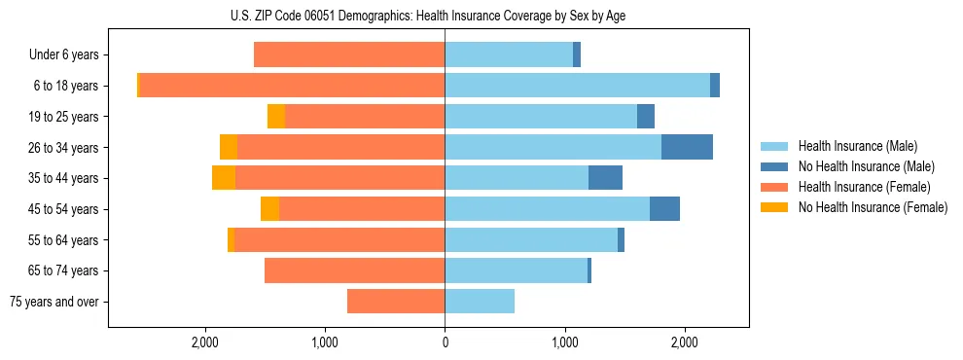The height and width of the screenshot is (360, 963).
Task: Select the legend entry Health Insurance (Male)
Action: coord(857,146)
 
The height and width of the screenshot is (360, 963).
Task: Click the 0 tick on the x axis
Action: coord(445,342)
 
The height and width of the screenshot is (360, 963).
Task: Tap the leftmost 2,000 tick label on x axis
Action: coord(205,342)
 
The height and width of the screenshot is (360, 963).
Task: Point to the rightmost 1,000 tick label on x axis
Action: coord(564,342)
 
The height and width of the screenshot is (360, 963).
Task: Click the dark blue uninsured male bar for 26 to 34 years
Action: coord(687,147)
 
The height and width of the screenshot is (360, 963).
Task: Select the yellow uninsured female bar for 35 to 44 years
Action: coord(224,178)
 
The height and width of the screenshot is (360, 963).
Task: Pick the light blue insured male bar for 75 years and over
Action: coord(480,302)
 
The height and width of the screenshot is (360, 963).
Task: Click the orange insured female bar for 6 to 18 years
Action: coord(292,86)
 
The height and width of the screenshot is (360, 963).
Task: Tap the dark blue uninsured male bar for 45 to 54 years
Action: coord(664,209)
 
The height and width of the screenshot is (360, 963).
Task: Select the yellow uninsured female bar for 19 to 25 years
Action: coord(276,117)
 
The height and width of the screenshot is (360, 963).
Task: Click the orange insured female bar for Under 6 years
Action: coord(349,55)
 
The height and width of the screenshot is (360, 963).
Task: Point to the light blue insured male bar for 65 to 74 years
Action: coord(516,270)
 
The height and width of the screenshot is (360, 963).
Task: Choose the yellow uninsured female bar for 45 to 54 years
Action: coord(269,209)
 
